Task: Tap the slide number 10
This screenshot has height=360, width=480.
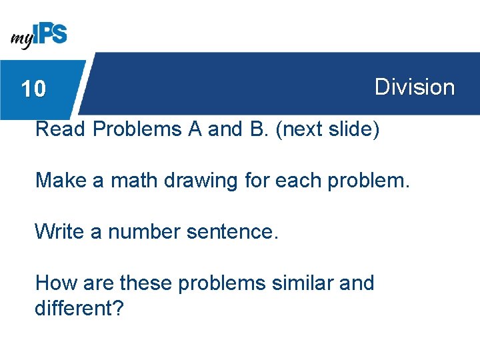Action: pyautogui.click(x=33, y=89)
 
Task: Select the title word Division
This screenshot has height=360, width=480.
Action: pyautogui.click(x=414, y=87)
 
